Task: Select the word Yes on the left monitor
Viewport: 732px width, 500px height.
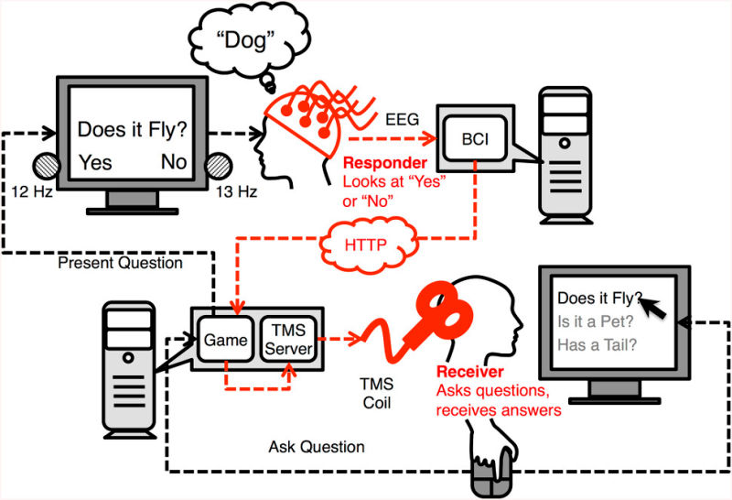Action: [x=96, y=162]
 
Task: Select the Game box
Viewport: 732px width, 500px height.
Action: [x=225, y=341]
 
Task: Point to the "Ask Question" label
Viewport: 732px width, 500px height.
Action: [x=317, y=447]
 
